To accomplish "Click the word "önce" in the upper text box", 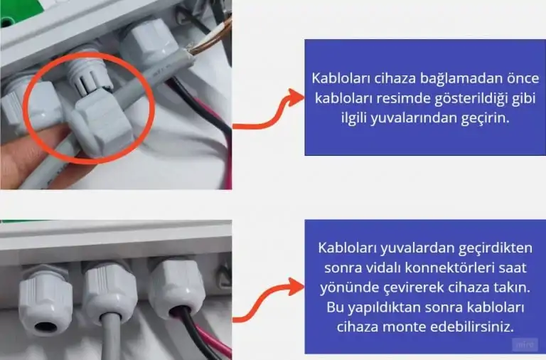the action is coord(518,78).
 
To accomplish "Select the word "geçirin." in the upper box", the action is coord(485,119).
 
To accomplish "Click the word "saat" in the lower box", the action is coord(514,268).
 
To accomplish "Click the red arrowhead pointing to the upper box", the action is coord(296,97).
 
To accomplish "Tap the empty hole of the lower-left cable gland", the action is coord(45,327).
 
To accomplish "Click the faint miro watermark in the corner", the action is coord(525,344).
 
